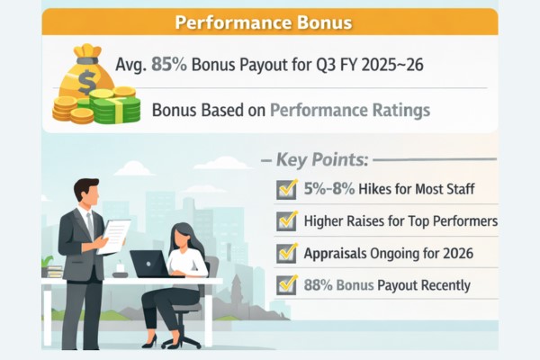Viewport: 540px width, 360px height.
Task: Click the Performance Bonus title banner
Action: coord(270,22)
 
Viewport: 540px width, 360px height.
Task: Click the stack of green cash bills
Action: coord(117,108)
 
